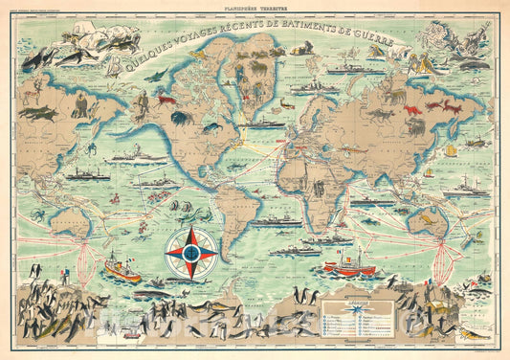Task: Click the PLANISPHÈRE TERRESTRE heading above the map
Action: (x=255, y=7)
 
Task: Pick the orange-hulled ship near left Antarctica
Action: (x=122, y=268)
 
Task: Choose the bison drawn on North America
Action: (x=180, y=119)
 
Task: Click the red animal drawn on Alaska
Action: (x=166, y=100)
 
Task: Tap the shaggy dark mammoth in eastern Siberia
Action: (x=392, y=96)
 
